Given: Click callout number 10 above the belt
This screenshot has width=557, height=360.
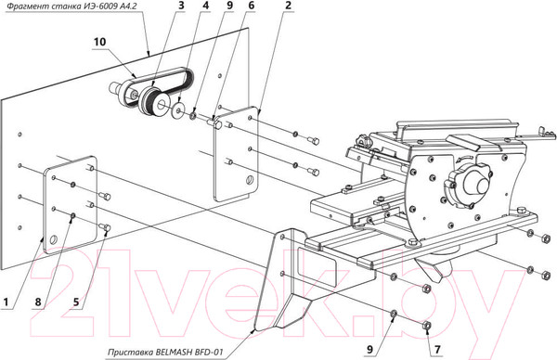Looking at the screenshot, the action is coord(100,42).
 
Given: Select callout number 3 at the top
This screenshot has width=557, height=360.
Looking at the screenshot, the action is coord(181,6).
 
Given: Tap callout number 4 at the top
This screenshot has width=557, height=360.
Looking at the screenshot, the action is coord(206,6).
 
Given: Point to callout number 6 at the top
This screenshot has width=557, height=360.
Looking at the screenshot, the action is coord(252,6).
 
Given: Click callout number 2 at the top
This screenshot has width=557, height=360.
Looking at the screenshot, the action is coord(288,6).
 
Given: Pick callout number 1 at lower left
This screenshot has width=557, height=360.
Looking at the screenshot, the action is coord(6,302).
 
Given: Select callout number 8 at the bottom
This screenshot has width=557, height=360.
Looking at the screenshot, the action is coord(38,302).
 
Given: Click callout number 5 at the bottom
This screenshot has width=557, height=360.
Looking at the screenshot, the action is coord(76,302).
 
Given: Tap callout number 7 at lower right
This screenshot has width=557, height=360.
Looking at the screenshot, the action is coord(437,350).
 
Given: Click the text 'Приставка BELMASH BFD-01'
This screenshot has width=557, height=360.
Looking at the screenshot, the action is coord(165,353).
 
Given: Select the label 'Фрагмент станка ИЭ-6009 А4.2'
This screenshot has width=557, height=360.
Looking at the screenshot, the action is coord(71,6).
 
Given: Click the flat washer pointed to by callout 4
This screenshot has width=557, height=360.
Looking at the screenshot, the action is coord(177,110).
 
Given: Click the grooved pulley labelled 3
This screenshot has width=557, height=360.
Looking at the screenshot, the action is coord(153,101).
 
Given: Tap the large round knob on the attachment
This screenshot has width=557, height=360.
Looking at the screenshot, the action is coord(468,186).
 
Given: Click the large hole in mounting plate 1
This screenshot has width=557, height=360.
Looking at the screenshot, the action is coord(53,239).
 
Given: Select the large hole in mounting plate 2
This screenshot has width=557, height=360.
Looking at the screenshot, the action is coord(250,180).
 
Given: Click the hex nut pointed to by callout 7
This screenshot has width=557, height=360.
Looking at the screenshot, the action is coord(427,326).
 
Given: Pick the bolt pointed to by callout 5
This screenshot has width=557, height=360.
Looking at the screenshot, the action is coord(104,225).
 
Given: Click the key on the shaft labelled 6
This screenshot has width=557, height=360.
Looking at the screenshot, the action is coord(216,122).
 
